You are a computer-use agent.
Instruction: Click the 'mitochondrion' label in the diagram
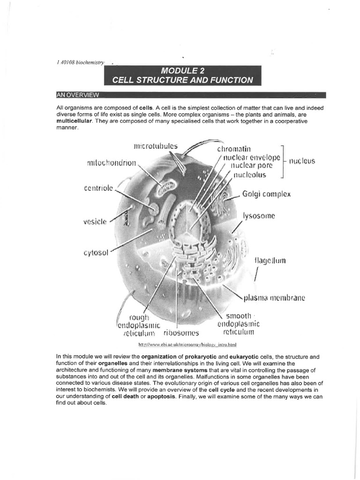click(x=111, y=164)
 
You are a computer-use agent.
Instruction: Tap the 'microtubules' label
click(x=156, y=146)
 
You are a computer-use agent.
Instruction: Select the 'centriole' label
click(x=98, y=188)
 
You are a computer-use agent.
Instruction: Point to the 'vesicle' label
click(x=95, y=221)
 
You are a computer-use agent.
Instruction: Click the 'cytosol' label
click(x=96, y=253)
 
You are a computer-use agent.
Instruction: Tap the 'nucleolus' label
click(x=249, y=175)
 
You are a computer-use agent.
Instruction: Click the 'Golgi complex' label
click(x=266, y=194)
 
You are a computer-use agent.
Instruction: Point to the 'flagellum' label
click(x=270, y=260)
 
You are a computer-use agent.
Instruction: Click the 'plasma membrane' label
click(x=274, y=298)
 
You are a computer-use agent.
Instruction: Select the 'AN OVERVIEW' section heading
click(x=77, y=95)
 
